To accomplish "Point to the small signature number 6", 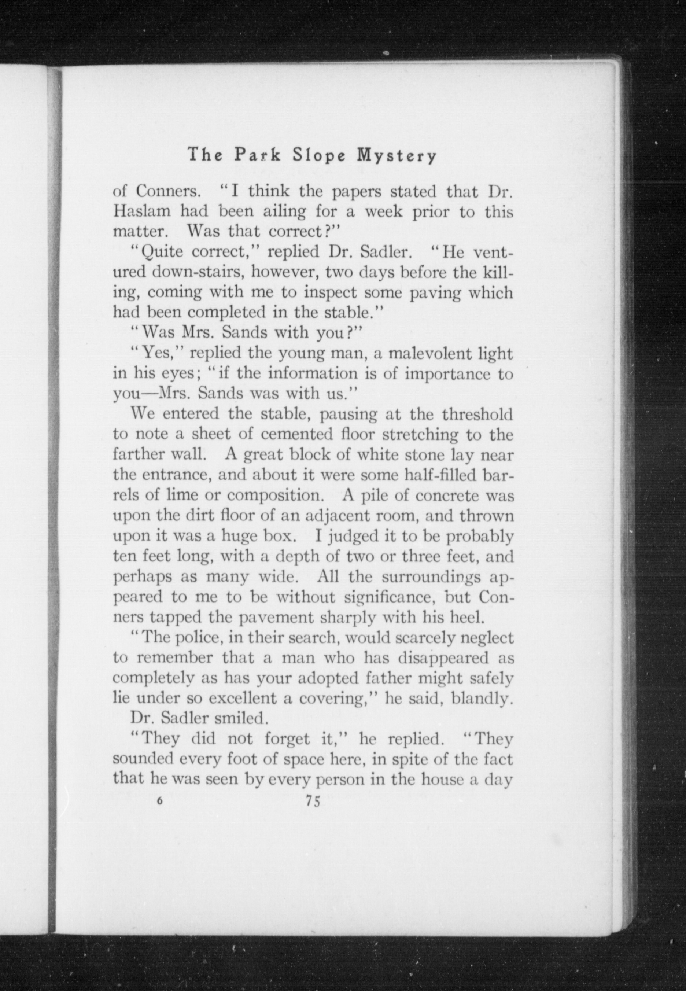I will coord(160,800).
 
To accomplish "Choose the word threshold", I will coord(477,415).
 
